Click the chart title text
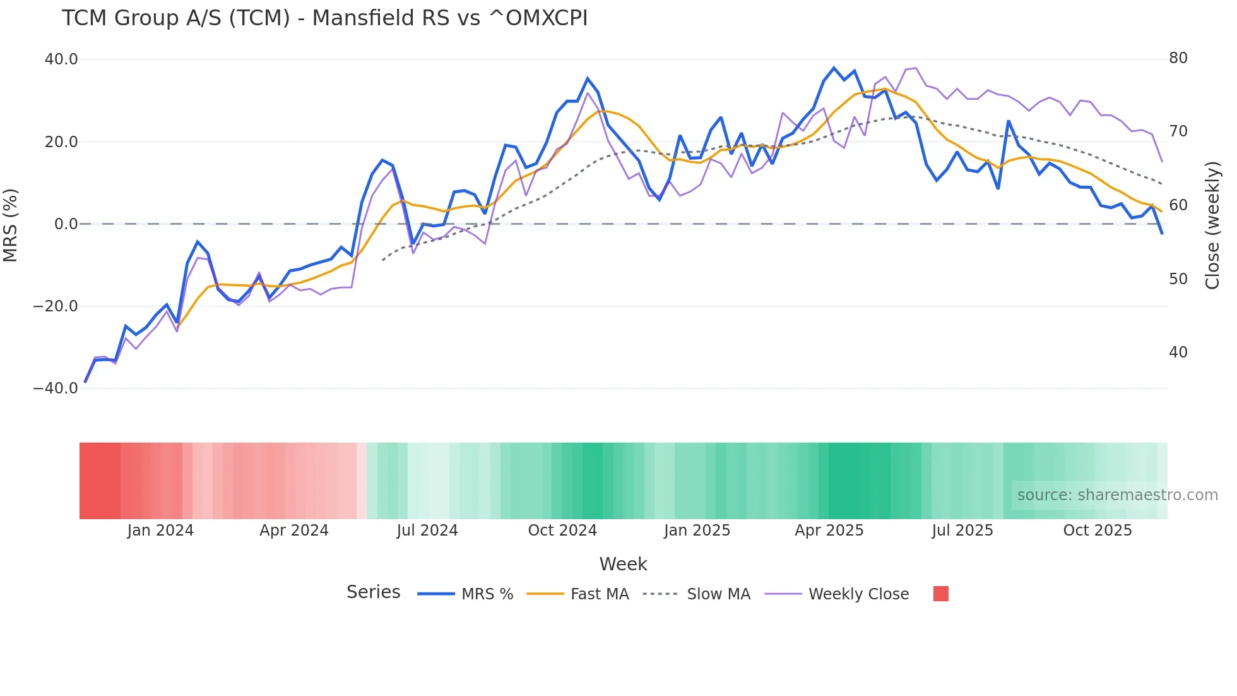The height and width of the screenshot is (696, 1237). [x=324, y=18]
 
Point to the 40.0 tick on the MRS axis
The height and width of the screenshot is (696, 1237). [x=61, y=59]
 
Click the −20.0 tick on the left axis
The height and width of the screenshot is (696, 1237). [x=56, y=306]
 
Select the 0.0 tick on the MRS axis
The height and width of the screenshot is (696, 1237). [x=66, y=224]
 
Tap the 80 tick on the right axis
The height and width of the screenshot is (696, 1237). [x=1178, y=58]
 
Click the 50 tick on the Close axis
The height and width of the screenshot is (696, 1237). [x=1178, y=279]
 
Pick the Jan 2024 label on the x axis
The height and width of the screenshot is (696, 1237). [x=160, y=531]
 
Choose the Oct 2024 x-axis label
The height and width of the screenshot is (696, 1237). [x=562, y=531]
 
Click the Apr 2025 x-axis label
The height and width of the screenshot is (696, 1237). [x=829, y=531]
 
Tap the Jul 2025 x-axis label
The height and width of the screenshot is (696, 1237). [x=962, y=531]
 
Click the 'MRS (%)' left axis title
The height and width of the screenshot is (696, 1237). [x=11, y=225]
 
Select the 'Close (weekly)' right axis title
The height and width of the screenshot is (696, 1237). [x=1212, y=225]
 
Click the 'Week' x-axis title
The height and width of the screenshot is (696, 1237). [x=623, y=564]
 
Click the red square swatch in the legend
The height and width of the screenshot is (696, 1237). [x=940, y=594]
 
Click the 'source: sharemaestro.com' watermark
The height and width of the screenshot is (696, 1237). [x=1117, y=495]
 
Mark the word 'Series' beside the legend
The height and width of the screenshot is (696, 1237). [x=373, y=592]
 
